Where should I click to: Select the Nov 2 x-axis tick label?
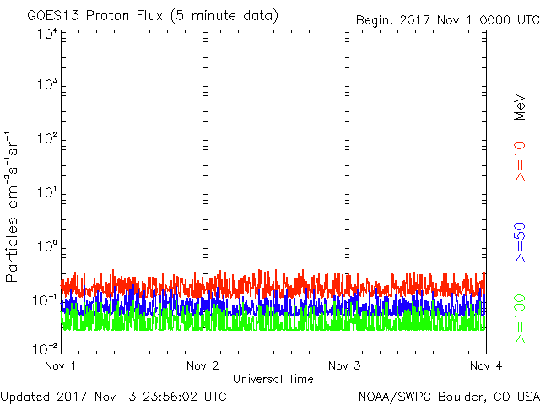(x=203, y=365)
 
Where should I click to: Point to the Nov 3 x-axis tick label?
(x=344, y=365)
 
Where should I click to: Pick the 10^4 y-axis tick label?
(x=46, y=35)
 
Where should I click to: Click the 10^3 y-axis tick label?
(x=46, y=85)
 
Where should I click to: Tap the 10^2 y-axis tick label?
(x=46, y=139)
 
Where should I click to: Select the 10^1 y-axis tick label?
(x=46, y=193)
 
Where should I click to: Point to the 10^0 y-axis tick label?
(x=46, y=247)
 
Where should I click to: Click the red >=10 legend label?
(x=520, y=161)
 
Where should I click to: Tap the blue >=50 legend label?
(x=520, y=241)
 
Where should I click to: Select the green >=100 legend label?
(x=520, y=318)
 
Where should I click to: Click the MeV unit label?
(x=520, y=108)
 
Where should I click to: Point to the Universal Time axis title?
(x=273, y=379)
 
